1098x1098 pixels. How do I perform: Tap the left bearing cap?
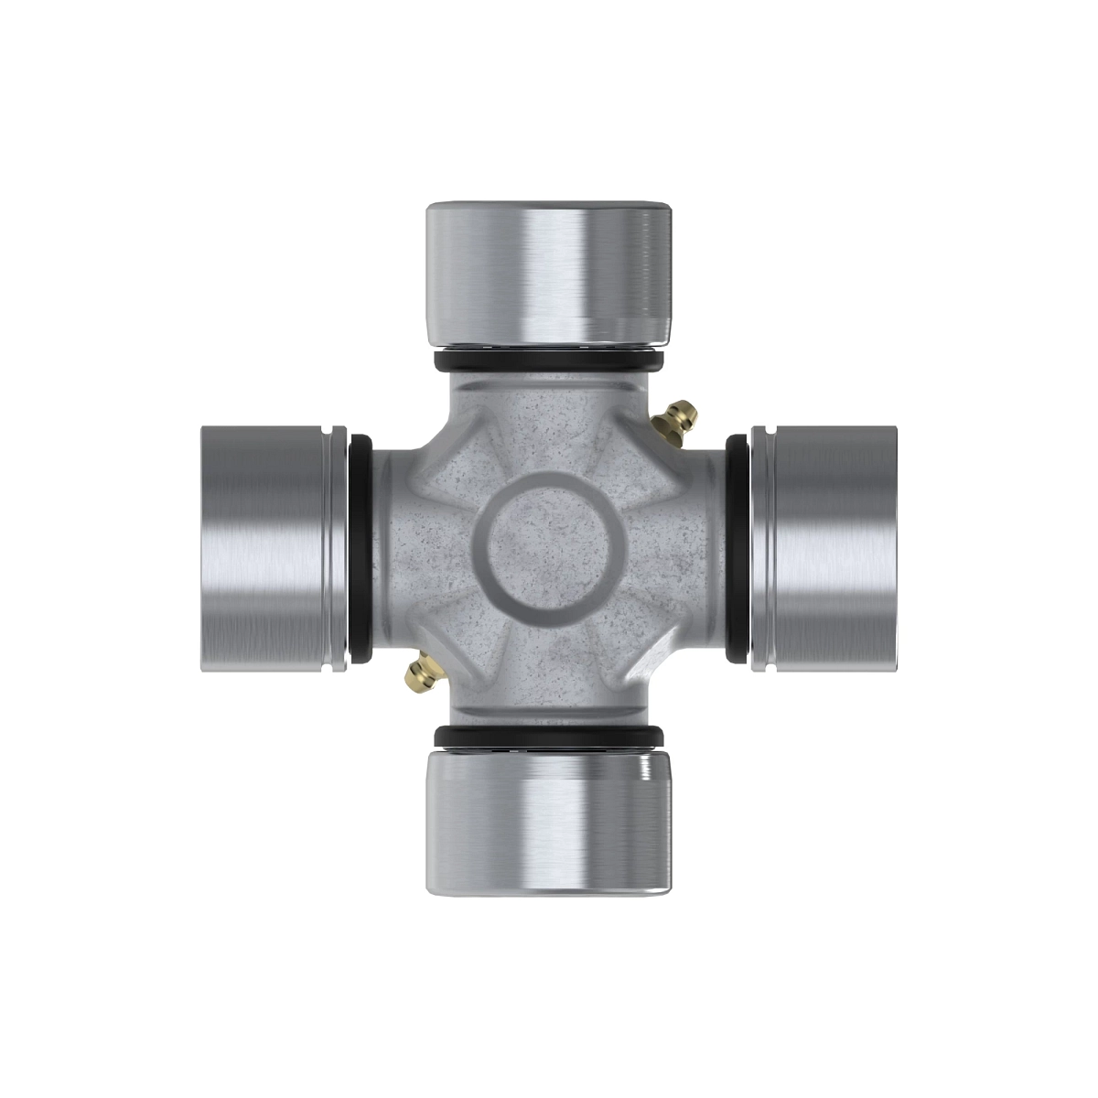[270, 549]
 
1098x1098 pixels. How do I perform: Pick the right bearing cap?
[828, 549]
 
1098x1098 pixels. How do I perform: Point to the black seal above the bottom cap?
[549, 737]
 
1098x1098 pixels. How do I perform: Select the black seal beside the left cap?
[361, 549]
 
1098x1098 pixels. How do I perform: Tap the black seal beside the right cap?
[737, 549]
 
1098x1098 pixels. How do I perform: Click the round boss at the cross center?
[549, 549]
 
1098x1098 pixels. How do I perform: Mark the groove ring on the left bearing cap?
[342, 549]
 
